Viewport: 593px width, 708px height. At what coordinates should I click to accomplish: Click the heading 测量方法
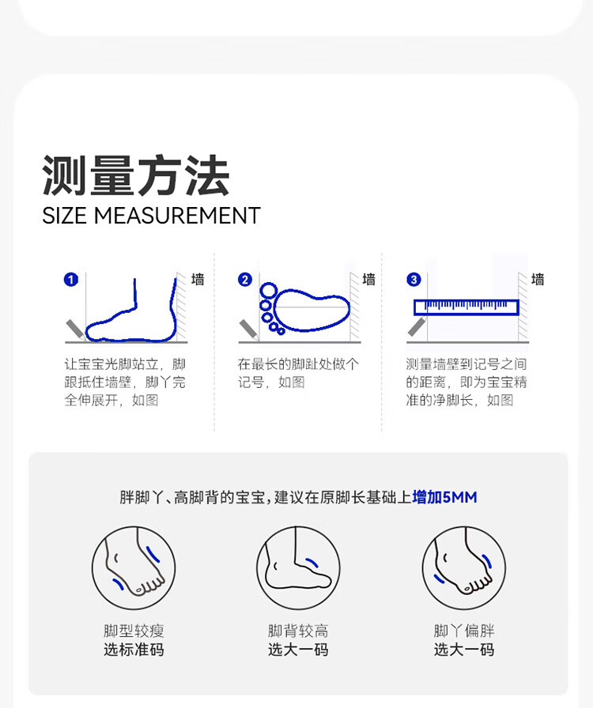pos(135,175)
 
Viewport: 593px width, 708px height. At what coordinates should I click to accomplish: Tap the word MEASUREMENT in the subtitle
pos(177,216)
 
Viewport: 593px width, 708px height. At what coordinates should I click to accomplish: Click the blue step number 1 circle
pos(71,280)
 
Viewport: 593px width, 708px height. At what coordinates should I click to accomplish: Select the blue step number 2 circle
pos(245,280)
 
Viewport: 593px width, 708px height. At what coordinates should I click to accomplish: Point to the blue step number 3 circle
pos(414,280)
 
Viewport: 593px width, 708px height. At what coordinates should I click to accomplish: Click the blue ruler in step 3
pos(466,307)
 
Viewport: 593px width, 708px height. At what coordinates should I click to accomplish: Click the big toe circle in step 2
pos(269,291)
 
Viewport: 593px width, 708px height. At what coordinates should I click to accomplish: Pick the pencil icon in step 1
pos(76,330)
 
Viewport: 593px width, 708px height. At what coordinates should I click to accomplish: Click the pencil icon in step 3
pos(417,326)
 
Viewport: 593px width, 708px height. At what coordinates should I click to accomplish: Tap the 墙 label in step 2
pos(368,280)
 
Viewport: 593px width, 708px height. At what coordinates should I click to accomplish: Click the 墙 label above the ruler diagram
pos(538,280)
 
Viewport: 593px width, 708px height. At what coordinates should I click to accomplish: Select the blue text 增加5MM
pos(444,497)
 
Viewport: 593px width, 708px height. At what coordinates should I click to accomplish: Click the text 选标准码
pos(134,650)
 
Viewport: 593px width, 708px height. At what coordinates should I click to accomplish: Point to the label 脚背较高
pos(298,631)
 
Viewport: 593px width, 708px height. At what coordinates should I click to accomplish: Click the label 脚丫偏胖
pos(464,631)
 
